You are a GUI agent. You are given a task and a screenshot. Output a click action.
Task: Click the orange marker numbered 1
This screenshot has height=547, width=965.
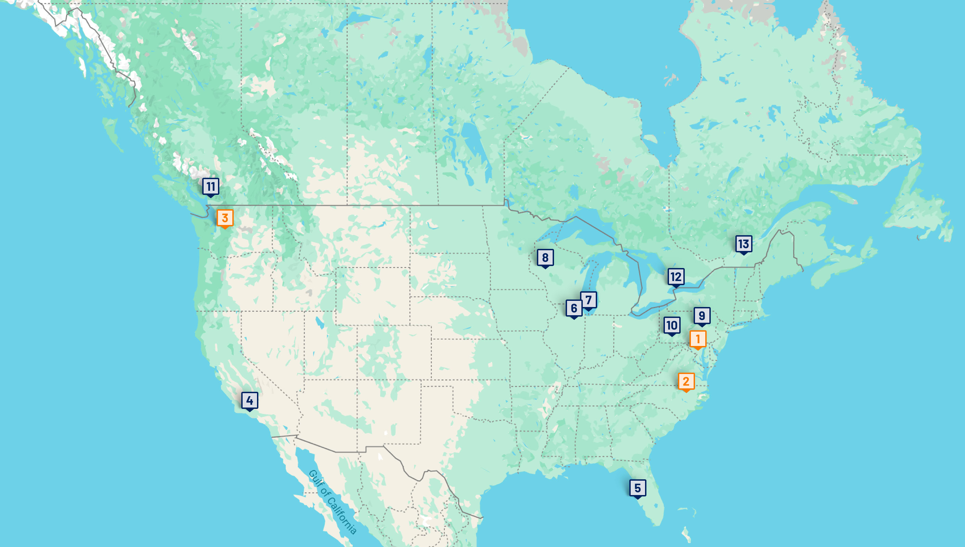698,339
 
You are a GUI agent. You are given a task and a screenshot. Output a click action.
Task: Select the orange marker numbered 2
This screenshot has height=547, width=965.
686,381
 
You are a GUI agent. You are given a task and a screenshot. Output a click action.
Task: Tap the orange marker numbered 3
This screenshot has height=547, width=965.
225,218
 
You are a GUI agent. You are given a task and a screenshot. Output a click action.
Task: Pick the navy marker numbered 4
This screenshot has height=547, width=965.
249,400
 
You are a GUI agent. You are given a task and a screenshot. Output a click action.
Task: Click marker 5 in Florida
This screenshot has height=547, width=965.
638,488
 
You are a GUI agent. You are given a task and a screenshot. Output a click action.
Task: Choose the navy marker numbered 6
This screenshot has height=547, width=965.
574,308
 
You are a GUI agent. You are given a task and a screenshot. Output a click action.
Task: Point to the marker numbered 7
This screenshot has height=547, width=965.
588,300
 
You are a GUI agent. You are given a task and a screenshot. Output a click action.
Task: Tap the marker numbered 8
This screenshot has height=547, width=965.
545,258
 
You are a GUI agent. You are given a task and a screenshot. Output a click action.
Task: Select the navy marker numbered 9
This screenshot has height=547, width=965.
702,316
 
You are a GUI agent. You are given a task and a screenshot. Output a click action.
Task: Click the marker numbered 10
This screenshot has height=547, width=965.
672,325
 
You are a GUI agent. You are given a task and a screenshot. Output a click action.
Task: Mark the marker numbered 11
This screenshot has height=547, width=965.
210,186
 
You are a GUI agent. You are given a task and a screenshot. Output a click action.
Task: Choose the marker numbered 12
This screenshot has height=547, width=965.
675,277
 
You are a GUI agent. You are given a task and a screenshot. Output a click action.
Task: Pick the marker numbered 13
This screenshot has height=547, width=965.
743,244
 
